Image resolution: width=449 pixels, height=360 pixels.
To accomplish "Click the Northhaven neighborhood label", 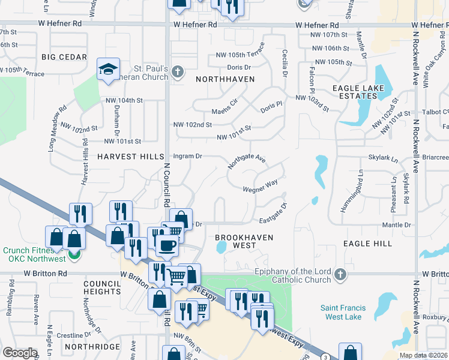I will point(225,79).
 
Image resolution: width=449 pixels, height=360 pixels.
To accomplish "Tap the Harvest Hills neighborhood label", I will point(130,157).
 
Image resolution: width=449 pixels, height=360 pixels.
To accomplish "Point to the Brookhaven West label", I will point(244,241).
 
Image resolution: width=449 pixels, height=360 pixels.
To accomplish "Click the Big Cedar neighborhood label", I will point(64,57).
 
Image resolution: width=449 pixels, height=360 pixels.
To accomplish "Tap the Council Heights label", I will point(102,287).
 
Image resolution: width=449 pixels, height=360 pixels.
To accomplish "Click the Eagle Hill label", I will point(367,244).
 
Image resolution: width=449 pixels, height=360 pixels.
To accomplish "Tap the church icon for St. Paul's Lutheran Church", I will point(177,73).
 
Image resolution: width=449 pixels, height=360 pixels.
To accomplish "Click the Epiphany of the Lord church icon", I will point(340,274).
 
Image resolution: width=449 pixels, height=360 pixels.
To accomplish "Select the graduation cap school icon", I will point(108,70).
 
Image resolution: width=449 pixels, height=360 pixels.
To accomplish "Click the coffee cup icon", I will point(166,245).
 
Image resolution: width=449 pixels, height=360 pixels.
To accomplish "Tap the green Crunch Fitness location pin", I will point(73,254).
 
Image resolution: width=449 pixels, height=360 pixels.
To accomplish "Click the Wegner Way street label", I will point(260,189).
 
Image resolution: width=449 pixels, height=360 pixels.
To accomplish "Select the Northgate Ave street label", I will point(246,161).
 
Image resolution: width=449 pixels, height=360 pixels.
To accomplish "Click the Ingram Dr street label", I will point(187,156).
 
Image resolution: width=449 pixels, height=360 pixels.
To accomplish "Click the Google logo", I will point(20,353).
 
